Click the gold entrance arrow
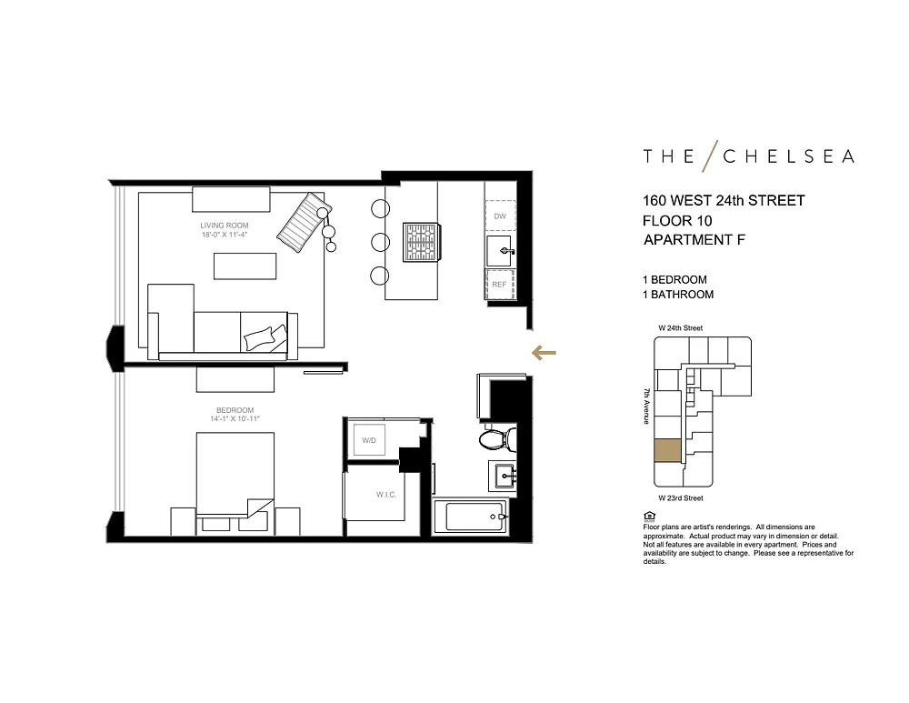tap(544, 353)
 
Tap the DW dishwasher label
tap(500, 216)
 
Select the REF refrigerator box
tap(500, 285)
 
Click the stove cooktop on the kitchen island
tap(422, 241)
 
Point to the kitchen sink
tap(500, 251)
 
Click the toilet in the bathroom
tap(497, 439)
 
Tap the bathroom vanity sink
tap(502, 477)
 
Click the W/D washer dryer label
tap(369, 440)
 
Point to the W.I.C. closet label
tap(386, 495)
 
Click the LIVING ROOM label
tap(225, 226)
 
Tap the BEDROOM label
tap(235, 410)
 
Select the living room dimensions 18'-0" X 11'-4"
tap(225, 235)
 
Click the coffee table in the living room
tap(245, 266)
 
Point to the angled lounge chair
tap(304, 222)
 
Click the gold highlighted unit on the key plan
tap(668, 451)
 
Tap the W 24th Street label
tap(681, 327)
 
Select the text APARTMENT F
tap(694, 239)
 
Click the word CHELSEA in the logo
tap(789, 156)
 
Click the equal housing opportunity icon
tap(649, 517)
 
